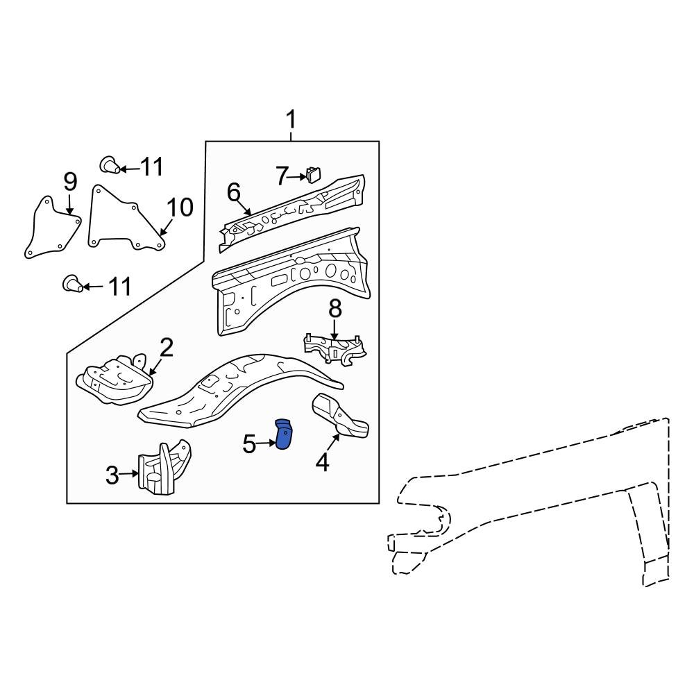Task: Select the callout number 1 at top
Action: pyautogui.click(x=291, y=120)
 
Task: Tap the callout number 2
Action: pyautogui.click(x=166, y=348)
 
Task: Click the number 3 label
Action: pyautogui.click(x=112, y=475)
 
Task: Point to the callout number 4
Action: pyautogui.click(x=322, y=461)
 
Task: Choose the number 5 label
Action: pyautogui.click(x=249, y=443)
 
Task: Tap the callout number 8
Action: pyautogui.click(x=335, y=309)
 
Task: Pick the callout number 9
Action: pyautogui.click(x=70, y=182)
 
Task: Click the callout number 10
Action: pyautogui.click(x=179, y=207)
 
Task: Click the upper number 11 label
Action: pyautogui.click(x=151, y=167)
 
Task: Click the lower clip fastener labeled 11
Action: pyautogui.click(x=73, y=283)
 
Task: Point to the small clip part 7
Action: pyautogui.click(x=314, y=173)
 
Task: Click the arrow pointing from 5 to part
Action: pyautogui.click(x=267, y=443)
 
